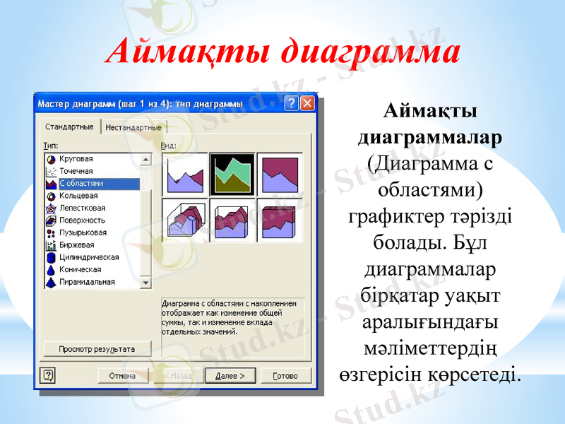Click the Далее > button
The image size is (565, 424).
click(230, 376)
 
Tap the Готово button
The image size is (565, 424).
click(285, 376)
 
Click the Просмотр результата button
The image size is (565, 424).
click(97, 349)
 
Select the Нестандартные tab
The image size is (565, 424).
click(133, 127)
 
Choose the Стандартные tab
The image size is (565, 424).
click(69, 126)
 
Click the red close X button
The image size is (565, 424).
click(307, 103)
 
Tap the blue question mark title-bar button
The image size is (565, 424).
click(291, 103)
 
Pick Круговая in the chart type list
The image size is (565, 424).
click(76, 159)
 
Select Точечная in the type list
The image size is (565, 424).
click(76, 171)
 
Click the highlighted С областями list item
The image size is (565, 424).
click(81, 184)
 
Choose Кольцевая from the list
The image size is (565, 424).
click(78, 196)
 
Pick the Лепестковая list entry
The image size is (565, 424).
click(82, 208)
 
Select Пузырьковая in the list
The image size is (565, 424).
click(83, 232)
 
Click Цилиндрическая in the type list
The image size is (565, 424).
click(88, 257)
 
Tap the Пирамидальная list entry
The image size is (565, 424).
click(87, 282)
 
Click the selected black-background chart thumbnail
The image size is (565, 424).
click(232, 174)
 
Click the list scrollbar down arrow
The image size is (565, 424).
click(146, 283)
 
